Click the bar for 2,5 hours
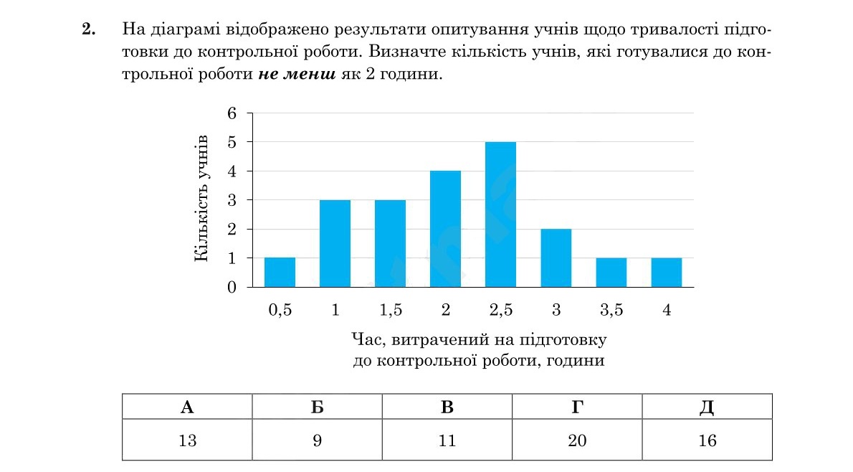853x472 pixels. point(500,214)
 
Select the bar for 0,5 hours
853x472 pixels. point(280,273)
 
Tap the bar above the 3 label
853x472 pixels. point(556,258)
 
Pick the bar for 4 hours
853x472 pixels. point(666,273)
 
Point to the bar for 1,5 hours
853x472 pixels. point(390,243)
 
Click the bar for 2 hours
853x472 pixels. point(445,229)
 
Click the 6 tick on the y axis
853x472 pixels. point(232,113)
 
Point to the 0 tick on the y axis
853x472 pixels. point(232,288)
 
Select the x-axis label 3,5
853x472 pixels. point(611,311)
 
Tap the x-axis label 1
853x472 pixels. point(335,311)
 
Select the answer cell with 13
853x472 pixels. point(187,440)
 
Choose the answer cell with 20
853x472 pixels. point(577,440)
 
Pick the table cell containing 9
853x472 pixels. point(317,440)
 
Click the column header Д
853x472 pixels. point(707,407)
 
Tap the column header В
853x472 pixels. point(447,407)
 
